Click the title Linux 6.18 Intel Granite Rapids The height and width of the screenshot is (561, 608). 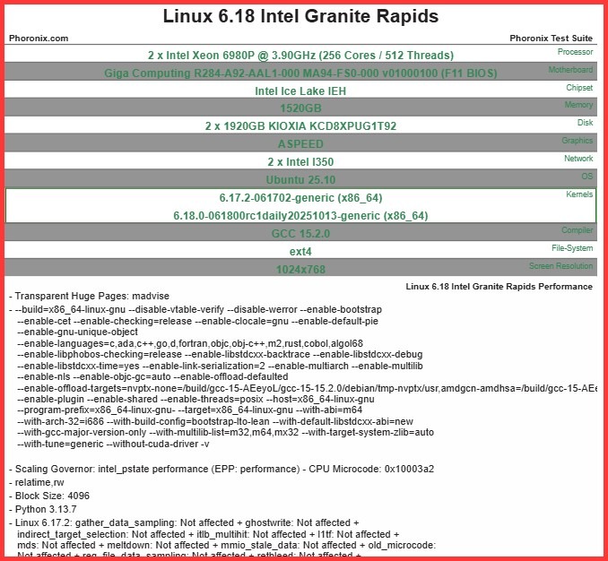pos(300,17)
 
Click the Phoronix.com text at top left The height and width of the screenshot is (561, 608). pos(39,39)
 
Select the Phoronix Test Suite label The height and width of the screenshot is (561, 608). pos(551,39)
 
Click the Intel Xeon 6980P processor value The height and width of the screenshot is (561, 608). pos(300,55)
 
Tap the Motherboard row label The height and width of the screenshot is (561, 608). pos(570,70)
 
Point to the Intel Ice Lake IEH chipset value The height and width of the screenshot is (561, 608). pos(300,91)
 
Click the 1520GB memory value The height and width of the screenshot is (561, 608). pos(300,108)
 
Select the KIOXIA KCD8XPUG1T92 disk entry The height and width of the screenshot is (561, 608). pos(300,126)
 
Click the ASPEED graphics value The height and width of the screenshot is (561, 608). pos(300,144)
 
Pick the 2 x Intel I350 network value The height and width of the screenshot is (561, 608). pos(300,162)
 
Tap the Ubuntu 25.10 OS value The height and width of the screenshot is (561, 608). pos(300,179)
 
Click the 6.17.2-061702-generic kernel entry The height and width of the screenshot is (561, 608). pos(300,197)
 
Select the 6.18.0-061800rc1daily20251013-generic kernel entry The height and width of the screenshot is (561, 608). pos(300,215)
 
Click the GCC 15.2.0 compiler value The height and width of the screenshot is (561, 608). pos(300,233)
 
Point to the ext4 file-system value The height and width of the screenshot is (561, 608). pos(300,251)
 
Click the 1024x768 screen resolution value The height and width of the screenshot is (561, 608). pos(300,269)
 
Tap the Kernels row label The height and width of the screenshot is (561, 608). pos(579,194)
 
